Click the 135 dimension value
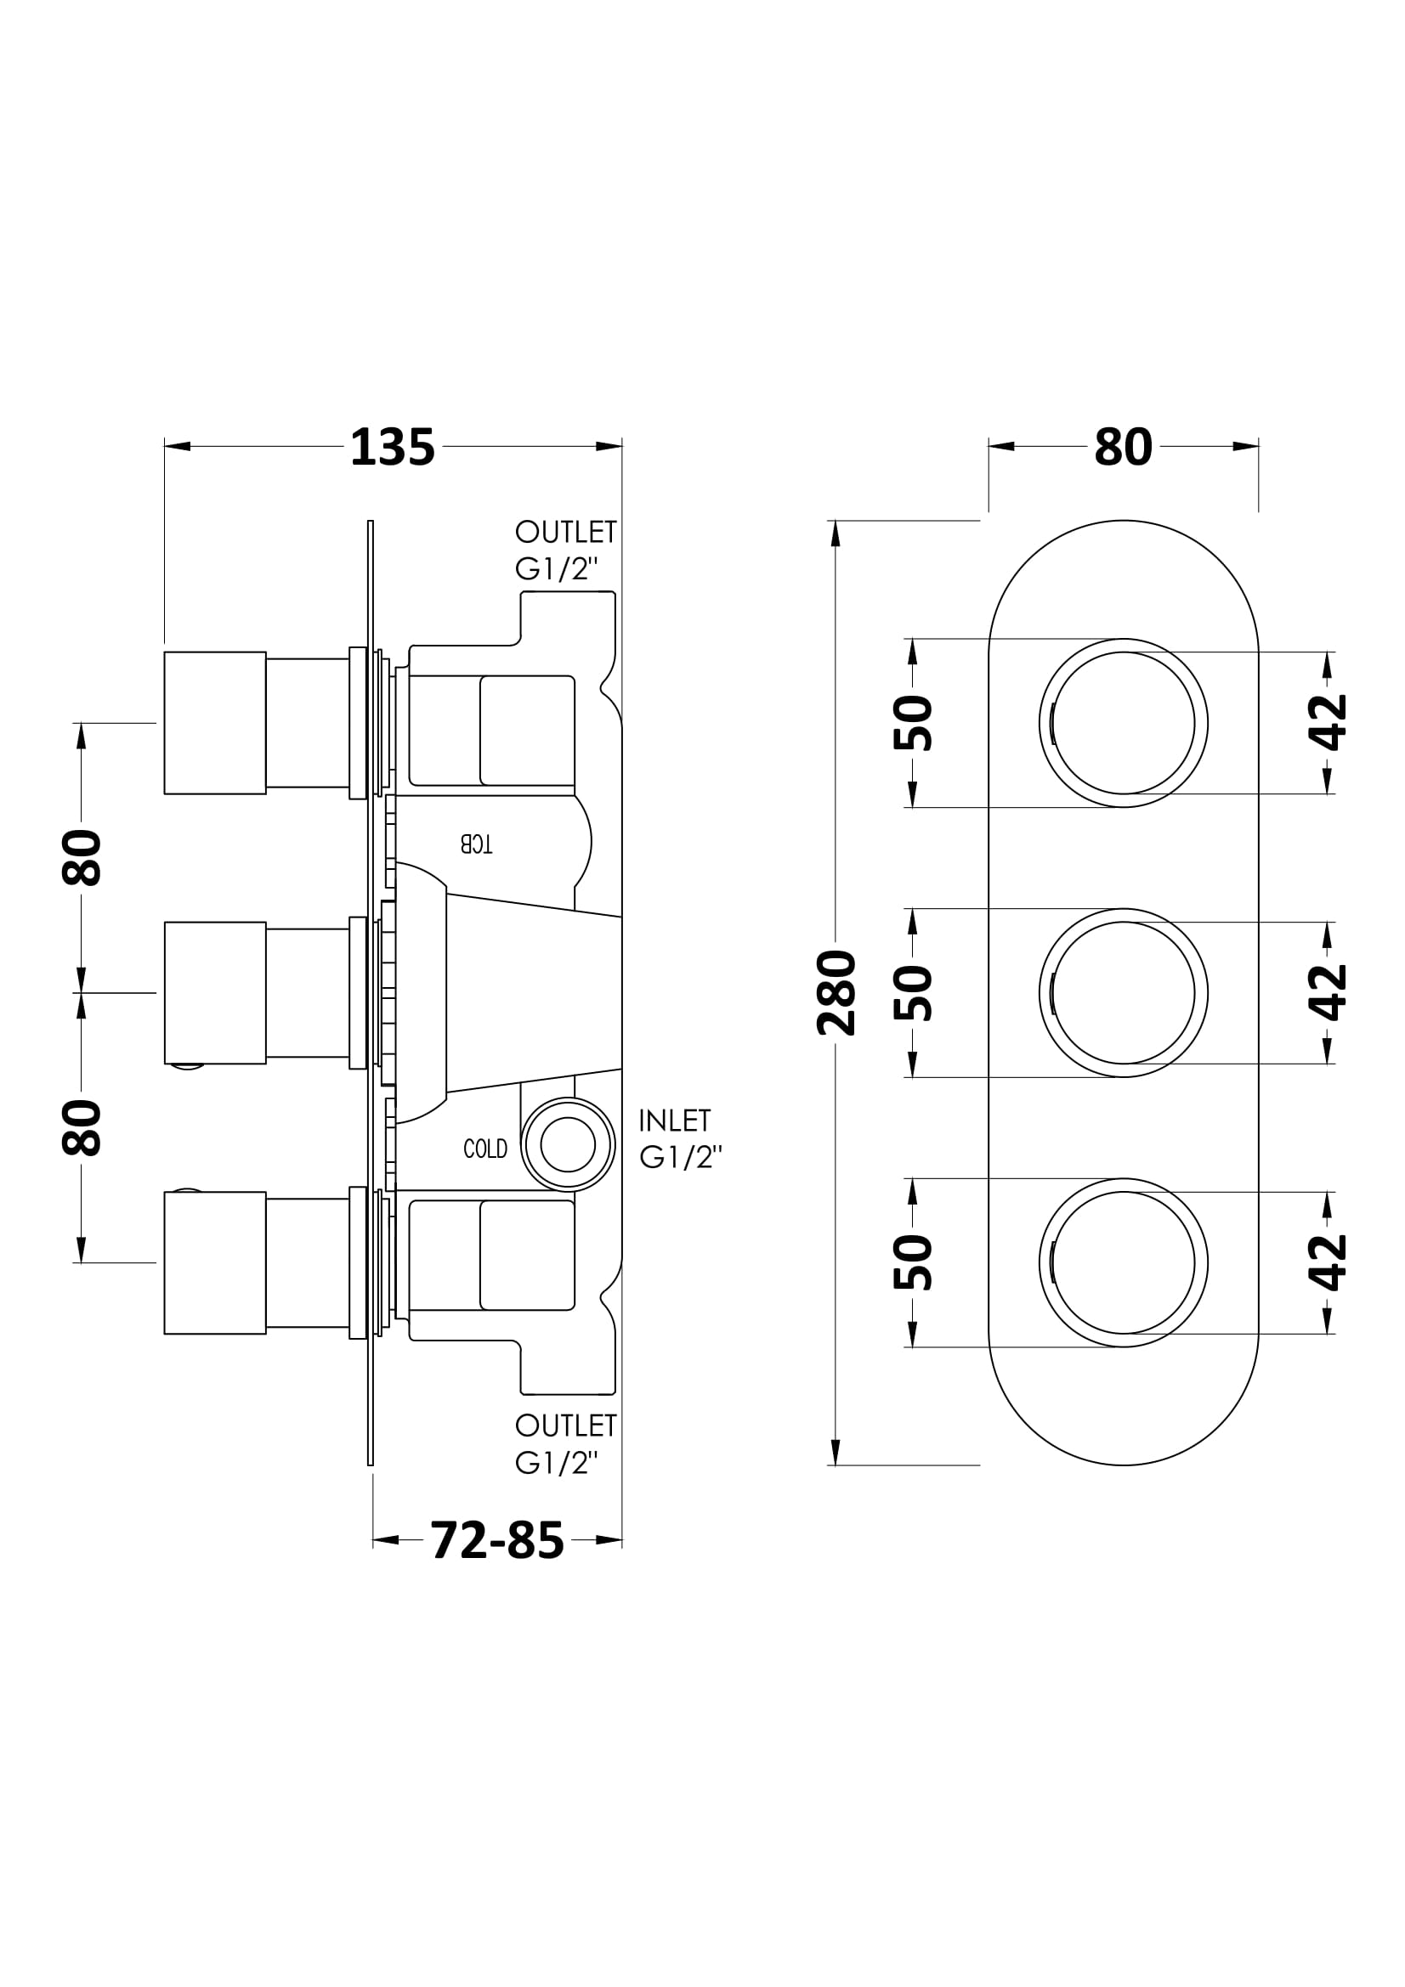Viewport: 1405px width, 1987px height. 392,448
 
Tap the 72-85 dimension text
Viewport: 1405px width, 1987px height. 497,1540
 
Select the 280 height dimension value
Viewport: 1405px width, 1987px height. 836,992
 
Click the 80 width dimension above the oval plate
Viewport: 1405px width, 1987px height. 1123,448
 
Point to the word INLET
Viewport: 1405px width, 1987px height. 674,1121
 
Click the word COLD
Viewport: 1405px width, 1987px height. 485,1149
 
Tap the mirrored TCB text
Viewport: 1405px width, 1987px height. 476,844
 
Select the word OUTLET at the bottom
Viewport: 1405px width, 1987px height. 565,1425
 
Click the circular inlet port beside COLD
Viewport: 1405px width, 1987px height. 568,1145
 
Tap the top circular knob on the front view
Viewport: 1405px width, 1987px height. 1124,723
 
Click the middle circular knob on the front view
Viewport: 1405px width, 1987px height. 1124,992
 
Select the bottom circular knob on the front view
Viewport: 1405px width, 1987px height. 1124,1262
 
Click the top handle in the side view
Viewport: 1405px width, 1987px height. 215,723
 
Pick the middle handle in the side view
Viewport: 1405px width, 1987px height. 215,992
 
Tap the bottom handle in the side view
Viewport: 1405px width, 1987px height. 215,1262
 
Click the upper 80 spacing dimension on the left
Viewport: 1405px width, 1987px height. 82,858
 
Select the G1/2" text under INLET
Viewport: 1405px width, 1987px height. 681,1158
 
